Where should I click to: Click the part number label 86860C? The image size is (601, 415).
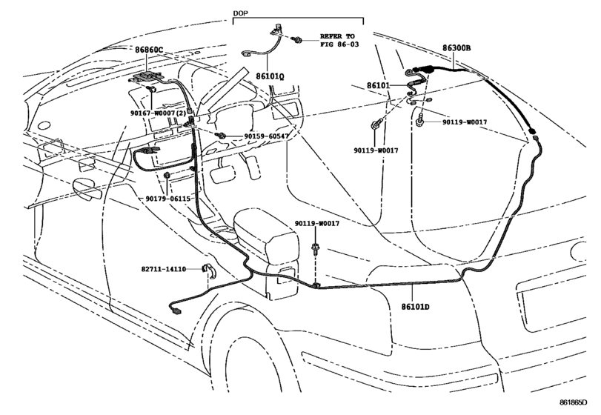tap(149, 50)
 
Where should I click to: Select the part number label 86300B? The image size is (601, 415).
tap(456, 48)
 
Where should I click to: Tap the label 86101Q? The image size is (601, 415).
tap(270, 76)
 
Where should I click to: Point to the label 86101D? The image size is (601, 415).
tap(416, 307)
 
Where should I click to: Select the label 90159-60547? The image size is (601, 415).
tap(266, 136)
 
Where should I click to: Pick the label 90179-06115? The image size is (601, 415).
tap(168, 199)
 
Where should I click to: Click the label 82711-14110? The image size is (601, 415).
tap(164, 269)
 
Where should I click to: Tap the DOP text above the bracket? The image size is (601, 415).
tap(240, 13)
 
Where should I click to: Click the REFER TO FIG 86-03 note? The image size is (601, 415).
tap(339, 40)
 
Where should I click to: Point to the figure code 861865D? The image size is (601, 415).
tap(573, 402)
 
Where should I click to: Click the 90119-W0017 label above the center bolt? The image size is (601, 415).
tap(317, 223)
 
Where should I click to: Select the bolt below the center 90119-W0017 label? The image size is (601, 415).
tap(316, 248)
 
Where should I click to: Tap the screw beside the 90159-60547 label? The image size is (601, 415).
tap(220, 136)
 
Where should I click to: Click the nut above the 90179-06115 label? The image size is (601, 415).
tap(167, 176)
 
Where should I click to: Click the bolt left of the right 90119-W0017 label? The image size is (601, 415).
tap(419, 122)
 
